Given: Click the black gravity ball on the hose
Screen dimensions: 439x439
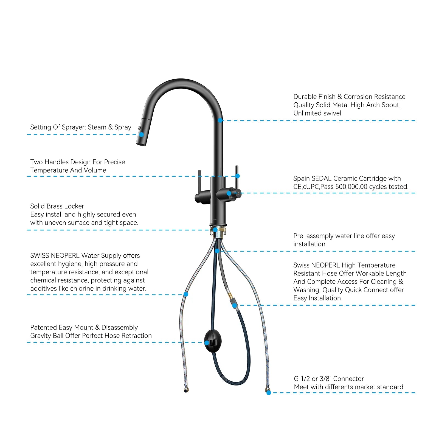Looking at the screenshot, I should (213, 341).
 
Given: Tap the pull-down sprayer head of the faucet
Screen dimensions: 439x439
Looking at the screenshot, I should (143, 132).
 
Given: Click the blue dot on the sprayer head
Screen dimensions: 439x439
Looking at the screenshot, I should (142, 134).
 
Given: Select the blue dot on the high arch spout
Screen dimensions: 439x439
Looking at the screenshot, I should (220, 120).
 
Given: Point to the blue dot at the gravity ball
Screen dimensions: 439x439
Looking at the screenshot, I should (207, 343).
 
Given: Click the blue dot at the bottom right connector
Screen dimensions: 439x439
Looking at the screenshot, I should (269, 393).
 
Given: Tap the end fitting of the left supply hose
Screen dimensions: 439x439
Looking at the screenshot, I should (186, 390).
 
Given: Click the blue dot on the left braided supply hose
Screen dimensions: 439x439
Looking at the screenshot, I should (186, 294).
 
